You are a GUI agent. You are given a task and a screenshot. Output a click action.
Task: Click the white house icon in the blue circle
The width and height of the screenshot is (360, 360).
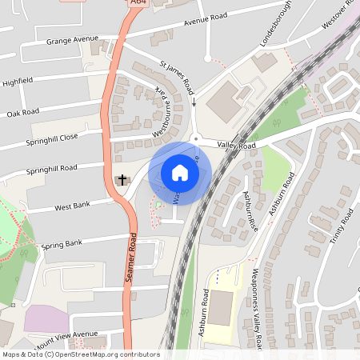[180, 173]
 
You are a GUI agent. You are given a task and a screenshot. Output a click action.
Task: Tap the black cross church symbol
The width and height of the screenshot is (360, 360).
[122, 179]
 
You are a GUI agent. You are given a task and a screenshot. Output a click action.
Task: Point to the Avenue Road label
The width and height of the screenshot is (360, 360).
[206, 18]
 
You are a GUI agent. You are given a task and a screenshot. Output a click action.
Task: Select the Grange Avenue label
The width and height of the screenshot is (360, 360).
[72, 39]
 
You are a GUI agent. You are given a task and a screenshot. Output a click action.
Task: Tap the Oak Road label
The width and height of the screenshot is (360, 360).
[23, 113]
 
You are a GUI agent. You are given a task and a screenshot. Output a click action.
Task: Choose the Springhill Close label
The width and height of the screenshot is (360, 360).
[52, 137]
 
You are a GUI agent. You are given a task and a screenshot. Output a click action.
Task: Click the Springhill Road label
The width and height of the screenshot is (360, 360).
[51, 169]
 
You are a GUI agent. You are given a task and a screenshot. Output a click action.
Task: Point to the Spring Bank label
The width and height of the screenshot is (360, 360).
[62, 243]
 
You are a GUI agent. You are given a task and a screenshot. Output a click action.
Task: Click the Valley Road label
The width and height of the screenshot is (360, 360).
[235, 146]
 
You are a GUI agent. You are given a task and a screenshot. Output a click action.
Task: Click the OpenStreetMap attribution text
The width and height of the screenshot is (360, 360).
[80, 354]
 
